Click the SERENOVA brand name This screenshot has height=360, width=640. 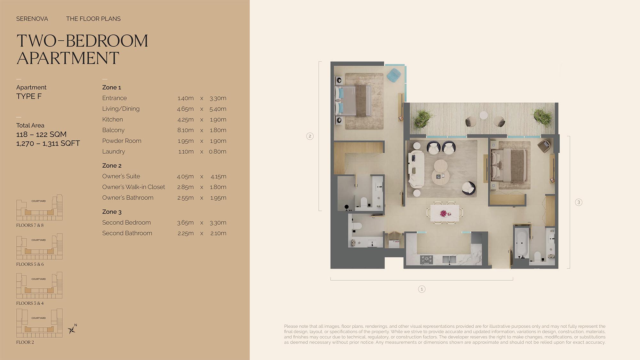click(32, 19)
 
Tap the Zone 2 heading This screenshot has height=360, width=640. click(112, 166)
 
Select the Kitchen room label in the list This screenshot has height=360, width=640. click(112, 119)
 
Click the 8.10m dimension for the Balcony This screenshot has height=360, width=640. click(186, 130)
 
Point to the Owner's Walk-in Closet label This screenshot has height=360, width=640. click(133, 187)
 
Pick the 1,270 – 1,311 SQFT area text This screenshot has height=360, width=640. click(48, 143)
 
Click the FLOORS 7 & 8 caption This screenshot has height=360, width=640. click(30, 225)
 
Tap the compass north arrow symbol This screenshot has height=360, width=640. click(72, 329)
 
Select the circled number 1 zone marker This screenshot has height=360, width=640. click(422, 289)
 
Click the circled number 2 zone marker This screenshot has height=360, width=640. click(310, 136)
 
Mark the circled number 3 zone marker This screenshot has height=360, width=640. click(579, 202)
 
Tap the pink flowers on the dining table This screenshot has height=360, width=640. click(444, 213)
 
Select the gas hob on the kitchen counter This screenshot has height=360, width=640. click(427, 260)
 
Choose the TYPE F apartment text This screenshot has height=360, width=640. click(29, 96)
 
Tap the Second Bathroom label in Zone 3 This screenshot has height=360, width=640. click(127, 233)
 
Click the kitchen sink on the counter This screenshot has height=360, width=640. click(449, 260)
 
